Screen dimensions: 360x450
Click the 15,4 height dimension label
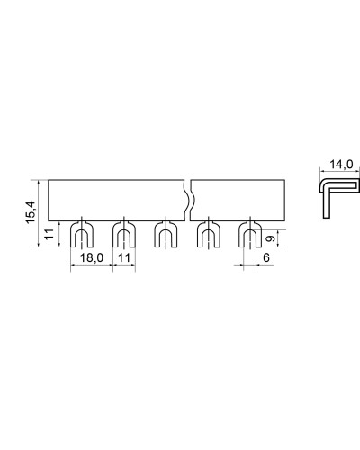point(31,212)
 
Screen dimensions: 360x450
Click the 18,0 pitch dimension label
point(92,257)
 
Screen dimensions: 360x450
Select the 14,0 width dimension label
point(341,165)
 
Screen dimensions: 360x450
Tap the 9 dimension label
point(271,238)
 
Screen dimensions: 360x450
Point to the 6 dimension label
point(266,257)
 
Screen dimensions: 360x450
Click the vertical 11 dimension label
point(49,234)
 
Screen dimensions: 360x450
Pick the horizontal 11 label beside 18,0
point(124,257)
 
